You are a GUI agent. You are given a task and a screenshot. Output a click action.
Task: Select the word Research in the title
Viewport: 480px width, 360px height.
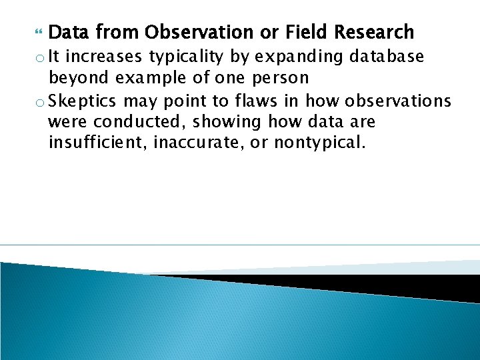[374, 32]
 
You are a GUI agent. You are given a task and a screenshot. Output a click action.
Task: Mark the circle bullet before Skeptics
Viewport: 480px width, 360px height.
[39, 101]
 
